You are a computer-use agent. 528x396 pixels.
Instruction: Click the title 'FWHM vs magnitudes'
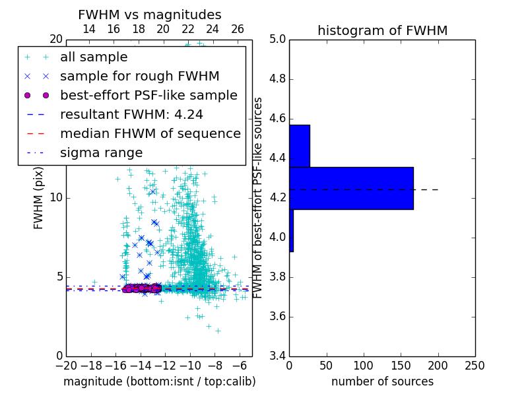pos(150,15)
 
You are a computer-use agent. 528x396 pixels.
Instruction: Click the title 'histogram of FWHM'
pos(382,30)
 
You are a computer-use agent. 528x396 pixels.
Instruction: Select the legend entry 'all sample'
pos(94,57)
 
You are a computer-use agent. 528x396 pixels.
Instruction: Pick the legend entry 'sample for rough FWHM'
pos(139,76)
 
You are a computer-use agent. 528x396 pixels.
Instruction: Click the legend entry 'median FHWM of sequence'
pos(150,133)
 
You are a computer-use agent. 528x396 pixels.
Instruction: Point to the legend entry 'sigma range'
pos(101,152)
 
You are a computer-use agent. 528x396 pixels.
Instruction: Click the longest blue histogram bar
pos(351,188)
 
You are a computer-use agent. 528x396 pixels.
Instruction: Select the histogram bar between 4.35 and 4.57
pos(300,146)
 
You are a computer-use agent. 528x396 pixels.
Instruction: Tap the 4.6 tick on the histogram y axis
pos(278,119)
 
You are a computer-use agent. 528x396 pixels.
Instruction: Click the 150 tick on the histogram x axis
pos(401,365)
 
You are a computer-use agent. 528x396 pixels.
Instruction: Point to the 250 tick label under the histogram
pos(475,365)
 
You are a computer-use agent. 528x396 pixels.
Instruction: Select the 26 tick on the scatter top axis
pos(238,29)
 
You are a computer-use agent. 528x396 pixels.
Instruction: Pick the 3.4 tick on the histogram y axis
pos(278,356)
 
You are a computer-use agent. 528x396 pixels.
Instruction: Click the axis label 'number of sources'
pos(382,381)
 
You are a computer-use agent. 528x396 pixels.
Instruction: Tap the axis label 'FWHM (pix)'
pos(39,198)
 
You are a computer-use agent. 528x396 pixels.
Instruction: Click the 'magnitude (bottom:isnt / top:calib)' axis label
pos(159,381)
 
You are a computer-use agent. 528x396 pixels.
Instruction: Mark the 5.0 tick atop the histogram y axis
pos(278,40)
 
